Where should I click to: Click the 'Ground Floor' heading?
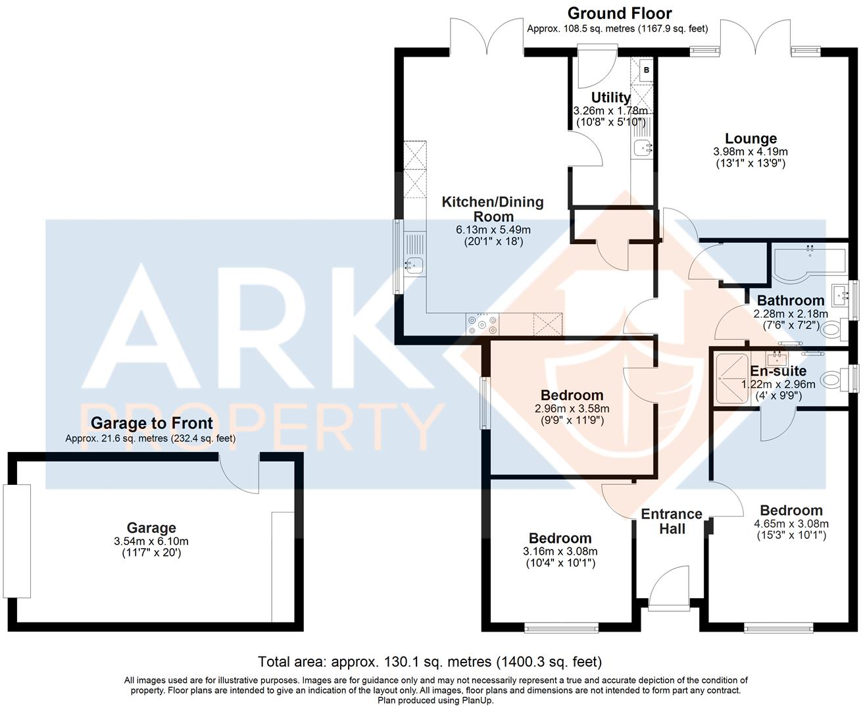[x=619, y=13]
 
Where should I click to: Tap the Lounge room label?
[x=751, y=139]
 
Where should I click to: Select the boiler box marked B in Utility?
[x=646, y=70]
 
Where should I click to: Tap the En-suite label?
[x=778, y=371]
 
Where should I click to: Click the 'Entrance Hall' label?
[x=672, y=521]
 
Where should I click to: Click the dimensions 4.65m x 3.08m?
[x=791, y=524]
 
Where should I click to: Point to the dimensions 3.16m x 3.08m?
[x=560, y=551]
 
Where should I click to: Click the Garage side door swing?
[x=240, y=475]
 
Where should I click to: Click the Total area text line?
[x=430, y=661]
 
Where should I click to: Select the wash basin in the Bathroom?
[x=839, y=293]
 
